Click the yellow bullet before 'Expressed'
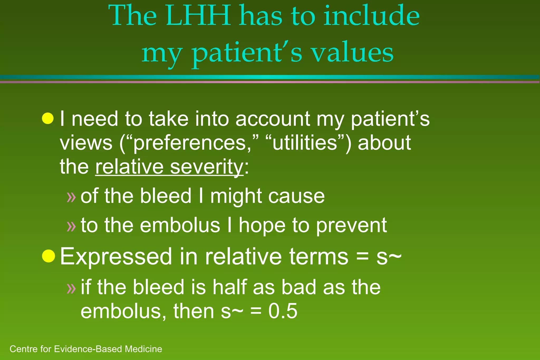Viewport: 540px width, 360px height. pyautogui.click(x=49, y=256)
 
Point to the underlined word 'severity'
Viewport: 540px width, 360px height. pyautogui.click(x=206, y=167)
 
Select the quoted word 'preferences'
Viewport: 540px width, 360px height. pyautogui.click(x=190, y=143)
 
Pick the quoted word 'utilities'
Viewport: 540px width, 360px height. pyautogui.click(x=305, y=143)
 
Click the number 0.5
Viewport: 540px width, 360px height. pyautogui.click(x=283, y=311)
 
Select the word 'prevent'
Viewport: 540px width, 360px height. pyautogui.click(x=351, y=226)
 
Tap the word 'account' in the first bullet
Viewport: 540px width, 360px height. pyautogui.click(x=273, y=119)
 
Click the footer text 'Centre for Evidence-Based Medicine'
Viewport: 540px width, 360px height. pyautogui.click(x=86, y=349)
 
